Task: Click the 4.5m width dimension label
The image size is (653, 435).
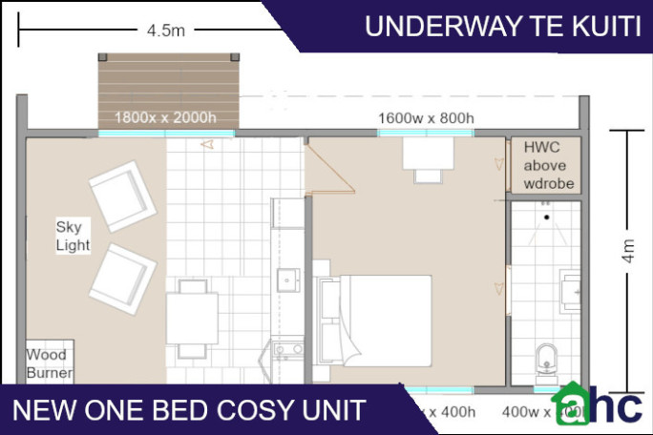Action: tap(165, 31)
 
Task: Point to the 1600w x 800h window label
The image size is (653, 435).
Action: tap(426, 118)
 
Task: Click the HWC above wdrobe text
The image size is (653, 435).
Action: tap(548, 164)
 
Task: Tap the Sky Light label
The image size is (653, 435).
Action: tap(73, 236)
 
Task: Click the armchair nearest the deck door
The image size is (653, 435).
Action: tap(123, 196)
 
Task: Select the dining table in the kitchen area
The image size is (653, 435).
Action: tap(192, 317)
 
